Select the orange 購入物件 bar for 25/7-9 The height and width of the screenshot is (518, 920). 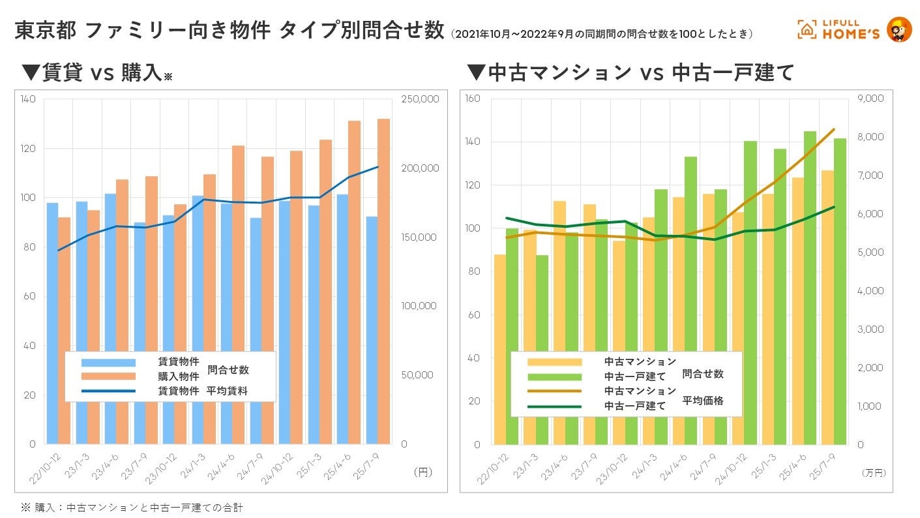383,281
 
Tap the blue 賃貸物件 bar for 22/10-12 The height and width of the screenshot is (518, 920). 52,323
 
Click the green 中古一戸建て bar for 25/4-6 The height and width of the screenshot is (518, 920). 810,287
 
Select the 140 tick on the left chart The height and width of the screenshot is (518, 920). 28,99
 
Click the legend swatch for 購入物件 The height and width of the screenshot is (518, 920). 108,376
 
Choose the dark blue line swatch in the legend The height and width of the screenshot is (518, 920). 108,391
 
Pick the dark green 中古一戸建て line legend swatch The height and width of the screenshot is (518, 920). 554,406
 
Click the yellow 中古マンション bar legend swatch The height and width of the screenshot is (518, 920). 554,361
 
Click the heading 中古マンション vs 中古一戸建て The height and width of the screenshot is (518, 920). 631,72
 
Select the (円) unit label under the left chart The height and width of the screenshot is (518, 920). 423,471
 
